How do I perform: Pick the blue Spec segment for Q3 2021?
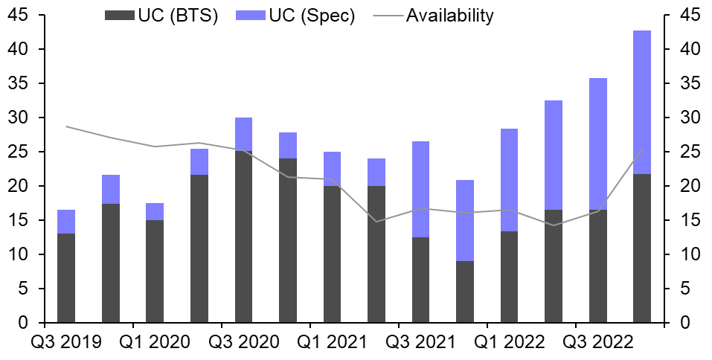(420, 189)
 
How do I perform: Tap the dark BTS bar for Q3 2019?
(66, 278)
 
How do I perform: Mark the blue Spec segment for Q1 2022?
(509, 180)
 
